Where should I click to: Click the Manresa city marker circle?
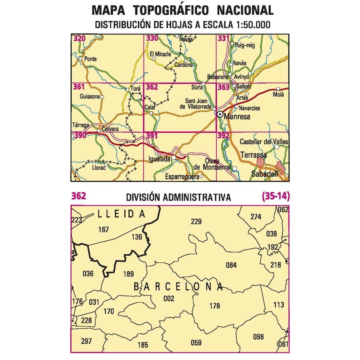220,114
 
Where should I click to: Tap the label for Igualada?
160,159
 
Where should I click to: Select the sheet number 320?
79,38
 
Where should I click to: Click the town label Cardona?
184,65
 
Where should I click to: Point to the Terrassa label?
254,154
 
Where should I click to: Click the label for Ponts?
90,59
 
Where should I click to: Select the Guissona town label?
90,96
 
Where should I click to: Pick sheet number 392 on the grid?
223,136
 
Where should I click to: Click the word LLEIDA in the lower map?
122,214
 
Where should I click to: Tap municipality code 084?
231,265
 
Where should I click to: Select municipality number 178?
215,306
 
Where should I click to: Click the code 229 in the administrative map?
196,222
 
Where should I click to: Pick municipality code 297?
86,341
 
